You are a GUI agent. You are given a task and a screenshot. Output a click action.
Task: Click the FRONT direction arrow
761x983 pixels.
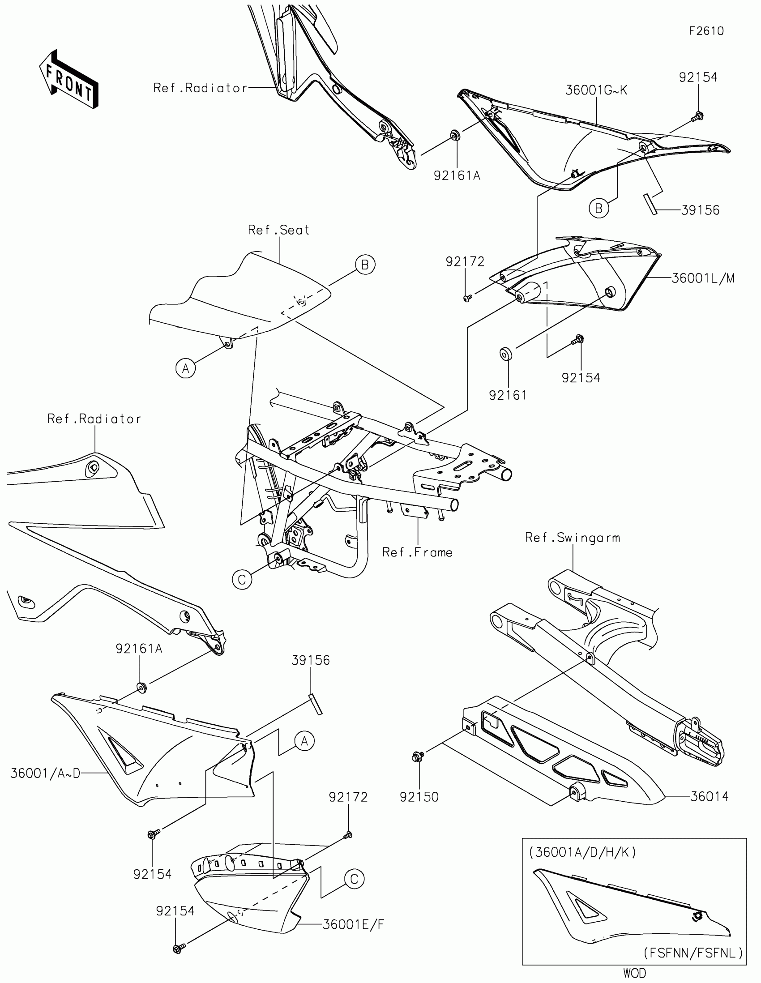69,80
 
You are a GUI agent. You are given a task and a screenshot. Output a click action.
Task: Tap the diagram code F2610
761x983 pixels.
706,31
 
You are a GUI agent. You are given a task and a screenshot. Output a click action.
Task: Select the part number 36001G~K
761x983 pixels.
596,90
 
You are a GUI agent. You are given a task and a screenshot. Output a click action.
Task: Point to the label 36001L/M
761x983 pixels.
703,278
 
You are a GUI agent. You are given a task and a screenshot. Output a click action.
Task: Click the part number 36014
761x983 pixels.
709,797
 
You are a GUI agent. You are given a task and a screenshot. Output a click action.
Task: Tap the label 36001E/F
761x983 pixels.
353,924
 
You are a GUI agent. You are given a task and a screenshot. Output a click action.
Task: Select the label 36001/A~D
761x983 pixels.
46,773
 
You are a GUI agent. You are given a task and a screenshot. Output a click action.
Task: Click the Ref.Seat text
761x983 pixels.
278,230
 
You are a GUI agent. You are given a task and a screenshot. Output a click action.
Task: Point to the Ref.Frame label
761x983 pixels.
417,552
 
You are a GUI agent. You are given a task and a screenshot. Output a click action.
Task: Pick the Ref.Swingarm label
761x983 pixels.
573,538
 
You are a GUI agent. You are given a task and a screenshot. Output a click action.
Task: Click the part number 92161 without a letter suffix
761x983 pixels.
508,395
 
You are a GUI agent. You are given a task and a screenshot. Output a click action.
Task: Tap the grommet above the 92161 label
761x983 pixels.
506,354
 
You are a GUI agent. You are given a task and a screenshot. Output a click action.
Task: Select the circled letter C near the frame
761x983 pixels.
242,580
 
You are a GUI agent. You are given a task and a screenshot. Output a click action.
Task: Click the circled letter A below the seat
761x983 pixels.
185,369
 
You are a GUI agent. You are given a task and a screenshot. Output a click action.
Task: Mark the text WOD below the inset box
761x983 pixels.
635,973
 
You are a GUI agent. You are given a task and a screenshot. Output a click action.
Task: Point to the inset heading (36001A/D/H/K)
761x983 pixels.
582,852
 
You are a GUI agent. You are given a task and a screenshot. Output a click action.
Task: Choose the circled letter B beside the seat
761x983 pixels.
365,265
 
